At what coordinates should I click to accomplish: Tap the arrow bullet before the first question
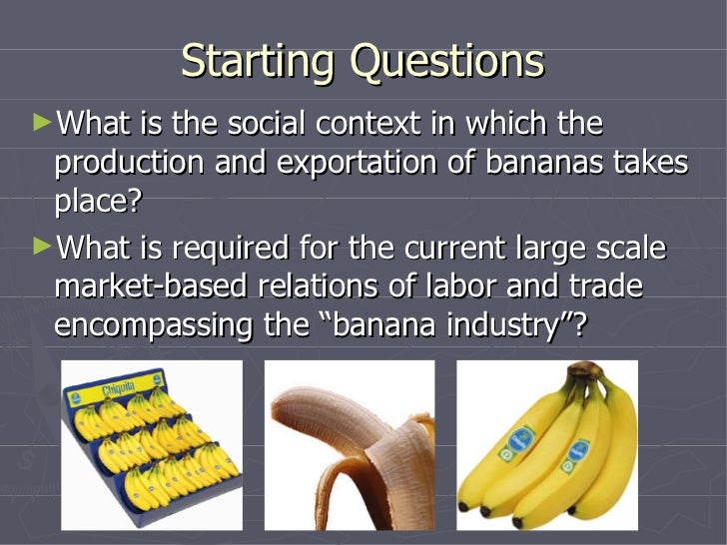pyautogui.click(x=40, y=123)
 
